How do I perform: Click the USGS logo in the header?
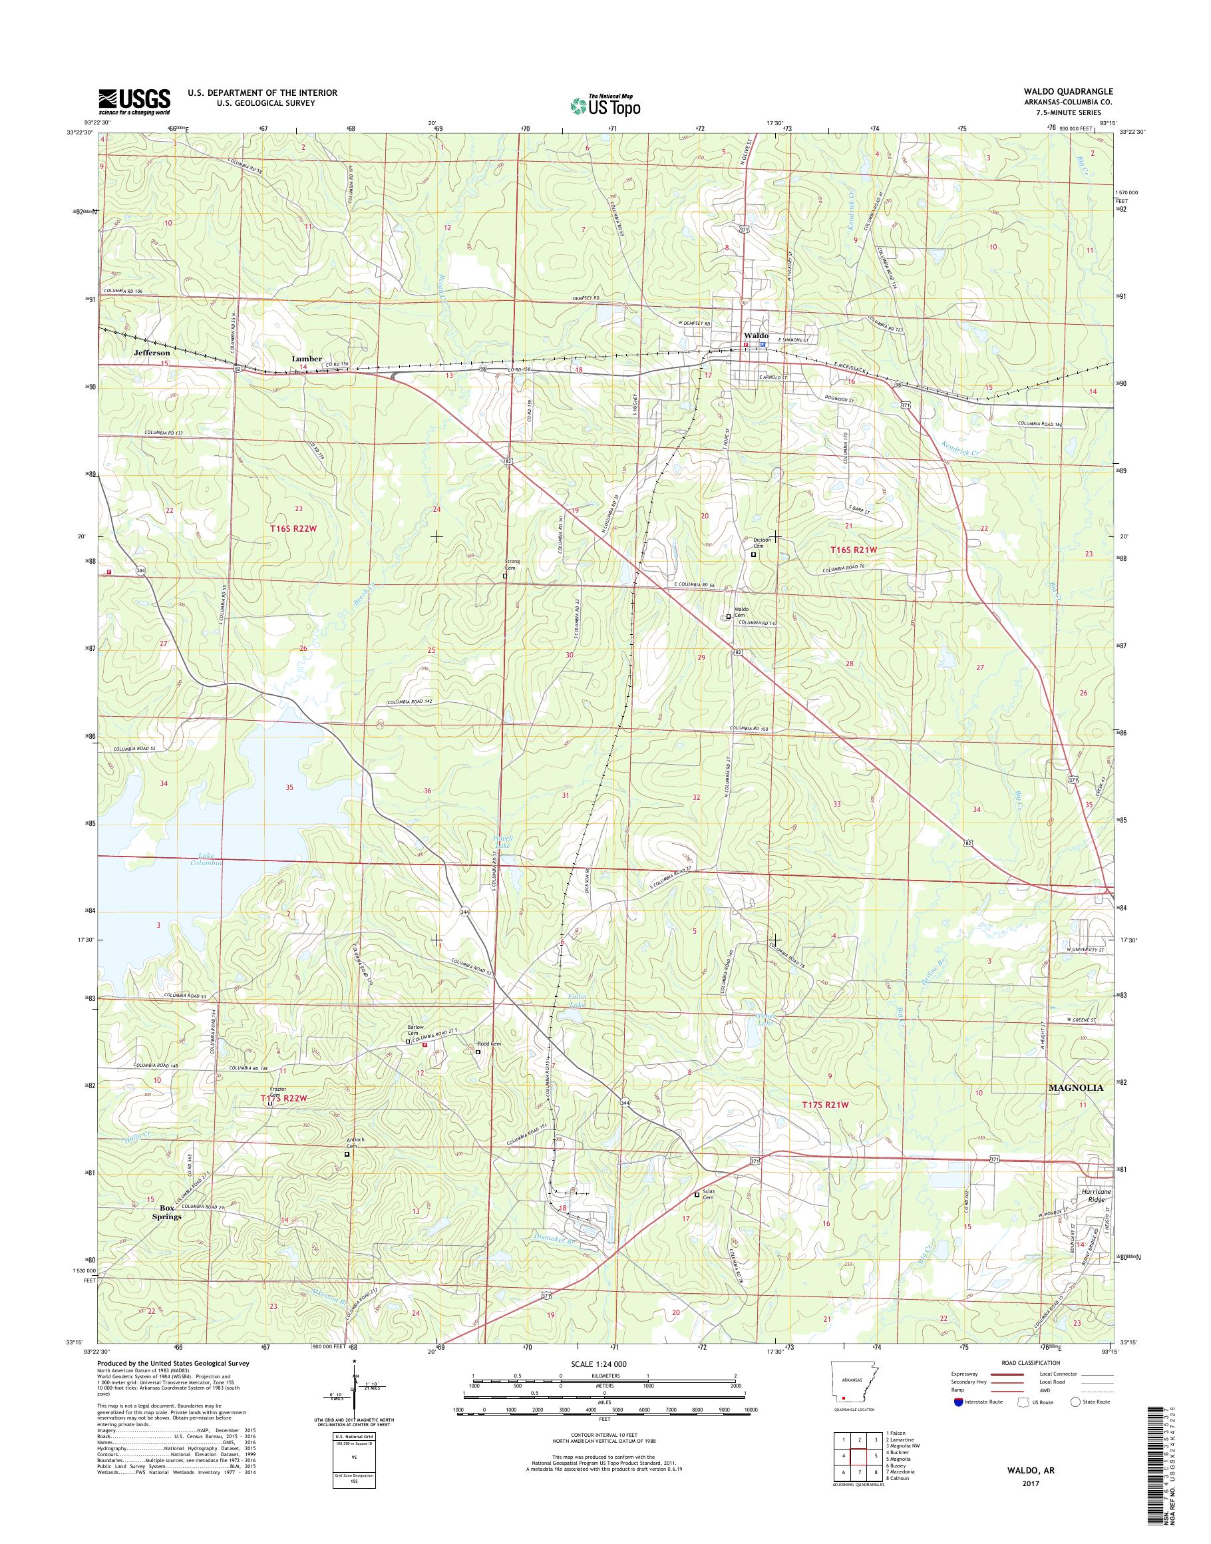point(134,100)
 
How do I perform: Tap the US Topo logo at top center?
point(605,105)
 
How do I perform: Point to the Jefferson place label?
point(152,353)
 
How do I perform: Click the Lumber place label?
point(307,359)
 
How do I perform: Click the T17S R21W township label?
point(824,1125)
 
